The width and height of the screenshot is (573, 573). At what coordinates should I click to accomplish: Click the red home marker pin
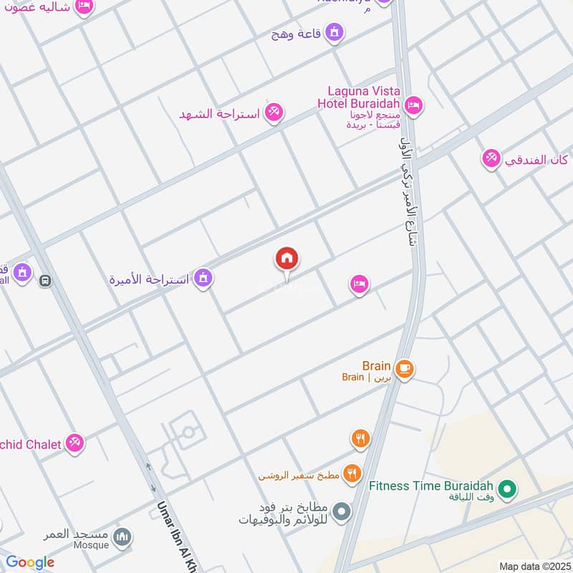[x=287, y=259]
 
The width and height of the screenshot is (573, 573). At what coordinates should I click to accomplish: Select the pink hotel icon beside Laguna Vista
[x=413, y=106]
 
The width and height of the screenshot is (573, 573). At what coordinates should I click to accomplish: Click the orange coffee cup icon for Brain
[x=405, y=369]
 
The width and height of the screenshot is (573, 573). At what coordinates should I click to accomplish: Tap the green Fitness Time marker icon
[x=508, y=490]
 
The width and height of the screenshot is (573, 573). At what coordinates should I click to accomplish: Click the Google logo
[x=30, y=562]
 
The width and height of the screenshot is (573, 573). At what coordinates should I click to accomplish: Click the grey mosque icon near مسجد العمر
[x=123, y=536]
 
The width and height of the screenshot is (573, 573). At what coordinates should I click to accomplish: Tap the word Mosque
[x=91, y=545]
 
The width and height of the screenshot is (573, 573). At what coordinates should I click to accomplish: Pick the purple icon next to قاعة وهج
[x=334, y=32]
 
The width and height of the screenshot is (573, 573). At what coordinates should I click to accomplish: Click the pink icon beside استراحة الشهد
[x=273, y=112]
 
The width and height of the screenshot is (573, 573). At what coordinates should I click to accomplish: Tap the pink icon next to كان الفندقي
[x=491, y=158]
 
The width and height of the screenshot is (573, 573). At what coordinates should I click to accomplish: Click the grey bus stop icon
[x=46, y=281]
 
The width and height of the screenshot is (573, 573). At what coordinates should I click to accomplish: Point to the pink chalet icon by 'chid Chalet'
[x=74, y=443]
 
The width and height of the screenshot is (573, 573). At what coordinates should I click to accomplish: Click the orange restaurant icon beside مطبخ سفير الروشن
[x=351, y=473]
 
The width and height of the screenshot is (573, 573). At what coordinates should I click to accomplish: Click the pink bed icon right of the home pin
[x=360, y=284]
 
